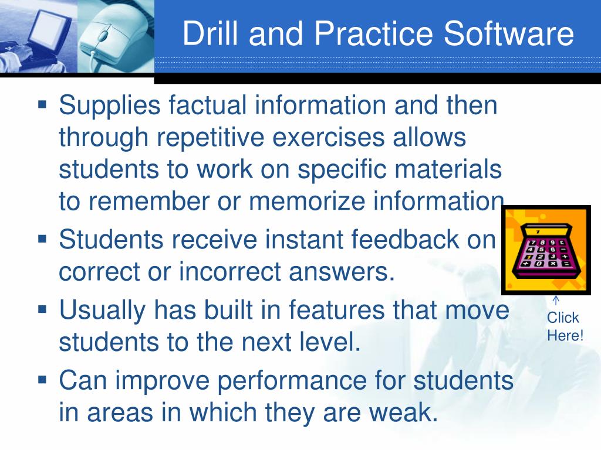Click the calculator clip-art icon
click(x=546, y=250)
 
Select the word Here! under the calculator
click(x=565, y=336)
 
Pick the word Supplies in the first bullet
click(x=110, y=106)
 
